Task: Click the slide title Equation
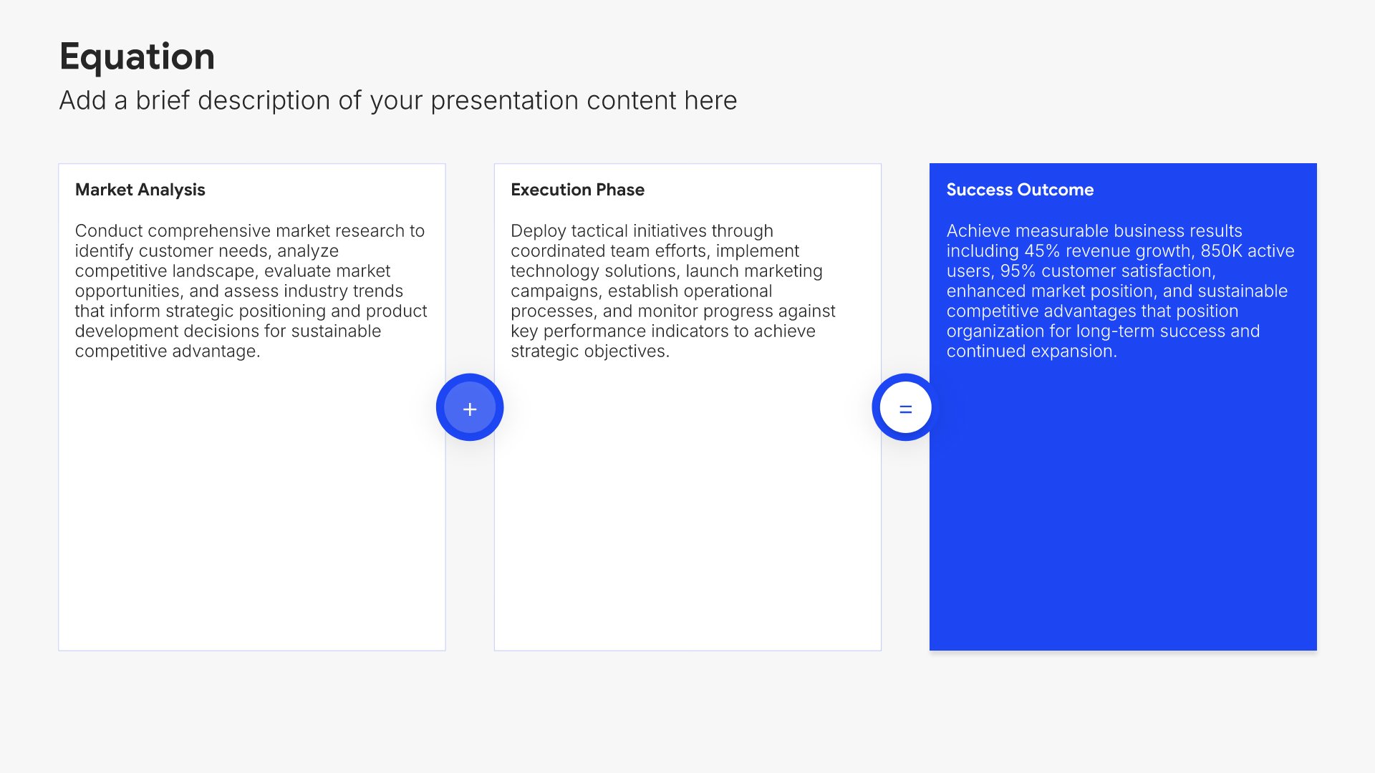click(x=137, y=57)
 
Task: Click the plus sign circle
click(x=470, y=407)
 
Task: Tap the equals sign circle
click(x=905, y=407)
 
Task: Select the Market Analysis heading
click(x=140, y=190)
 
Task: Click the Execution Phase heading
click(x=577, y=190)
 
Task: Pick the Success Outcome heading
click(x=1020, y=190)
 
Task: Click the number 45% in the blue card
click(x=1042, y=251)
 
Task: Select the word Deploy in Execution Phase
click(x=538, y=231)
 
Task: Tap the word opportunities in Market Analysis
click(x=130, y=291)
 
